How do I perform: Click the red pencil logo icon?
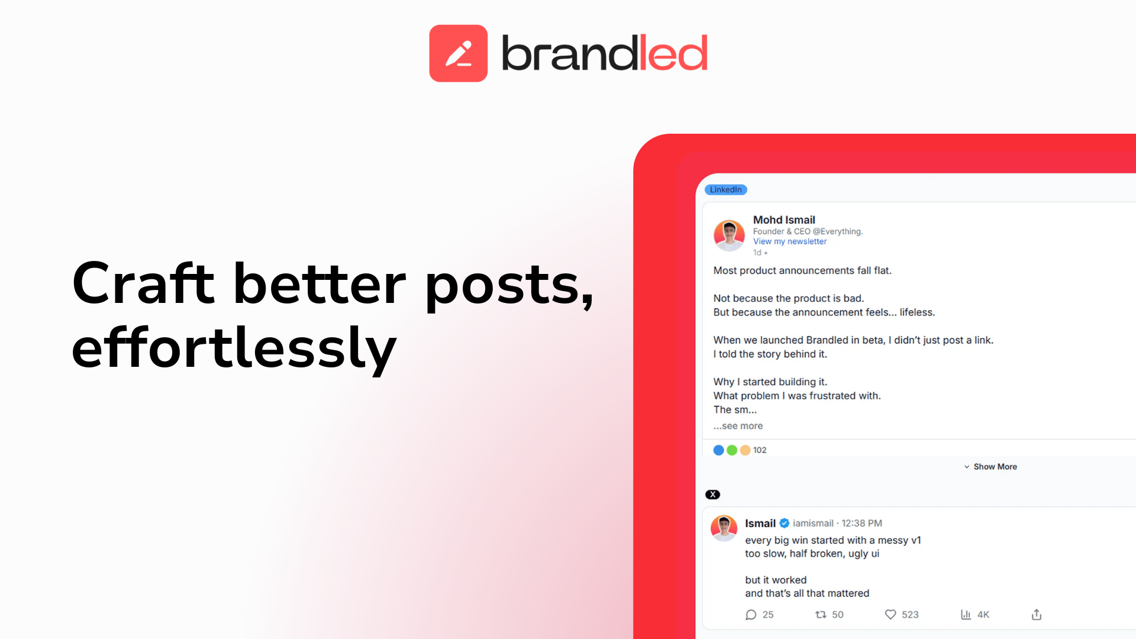(458, 53)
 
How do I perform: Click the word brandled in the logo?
(604, 53)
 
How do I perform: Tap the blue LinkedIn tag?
(725, 190)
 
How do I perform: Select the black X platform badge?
(712, 495)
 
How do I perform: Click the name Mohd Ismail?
(783, 220)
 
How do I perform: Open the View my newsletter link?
(789, 241)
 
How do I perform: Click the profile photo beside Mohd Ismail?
(729, 235)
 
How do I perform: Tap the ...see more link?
(738, 426)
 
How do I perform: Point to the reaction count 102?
(759, 450)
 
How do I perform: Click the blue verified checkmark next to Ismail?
(784, 523)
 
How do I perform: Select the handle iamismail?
(812, 523)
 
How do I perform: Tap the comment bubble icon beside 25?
(751, 615)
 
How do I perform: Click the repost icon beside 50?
(821, 615)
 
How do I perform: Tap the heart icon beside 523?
(890, 615)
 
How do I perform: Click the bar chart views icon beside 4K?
(966, 615)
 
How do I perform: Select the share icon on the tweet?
(1036, 615)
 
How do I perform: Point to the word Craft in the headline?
(143, 284)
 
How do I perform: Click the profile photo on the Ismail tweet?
(724, 528)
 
